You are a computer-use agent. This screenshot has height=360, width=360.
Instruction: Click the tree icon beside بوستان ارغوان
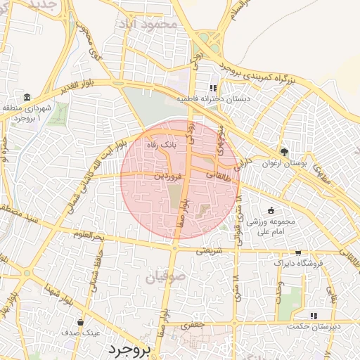285,151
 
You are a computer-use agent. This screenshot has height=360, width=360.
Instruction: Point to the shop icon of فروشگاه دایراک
299,253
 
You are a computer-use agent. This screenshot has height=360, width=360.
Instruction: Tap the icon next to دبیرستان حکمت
314,316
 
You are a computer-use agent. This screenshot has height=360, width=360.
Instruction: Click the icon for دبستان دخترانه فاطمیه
212,89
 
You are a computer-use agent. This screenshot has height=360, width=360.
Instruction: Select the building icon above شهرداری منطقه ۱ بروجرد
27,96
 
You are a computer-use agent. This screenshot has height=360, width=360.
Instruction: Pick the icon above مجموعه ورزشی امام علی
271,211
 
